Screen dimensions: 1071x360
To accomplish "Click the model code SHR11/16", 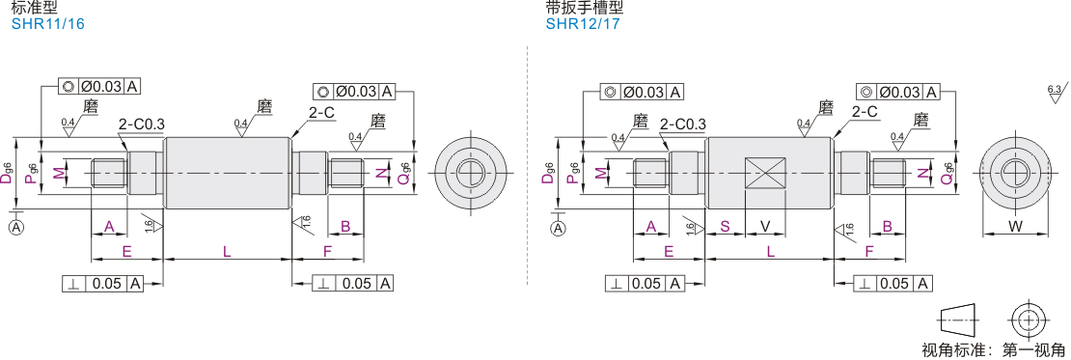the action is pyautogui.click(x=48, y=24).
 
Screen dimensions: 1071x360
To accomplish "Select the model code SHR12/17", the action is pyautogui.click(x=583, y=24).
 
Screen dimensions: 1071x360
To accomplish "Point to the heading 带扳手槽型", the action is pyautogui.click(x=586, y=8).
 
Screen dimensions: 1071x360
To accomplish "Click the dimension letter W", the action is pyautogui.click(x=1014, y=226).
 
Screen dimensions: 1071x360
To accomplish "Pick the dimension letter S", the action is pyautogui.click(x=725, y=226).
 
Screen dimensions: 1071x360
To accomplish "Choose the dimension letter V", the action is pyautogui.click(x=765, y=226).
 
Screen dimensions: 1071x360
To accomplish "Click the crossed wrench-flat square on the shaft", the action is pyautogui.click(x=765, y=173).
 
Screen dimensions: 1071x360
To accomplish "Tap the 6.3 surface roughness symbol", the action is pyautogui.click(x=1056, y=93).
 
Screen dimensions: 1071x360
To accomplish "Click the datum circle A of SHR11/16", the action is pyautogui.click(x=16, y=228).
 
